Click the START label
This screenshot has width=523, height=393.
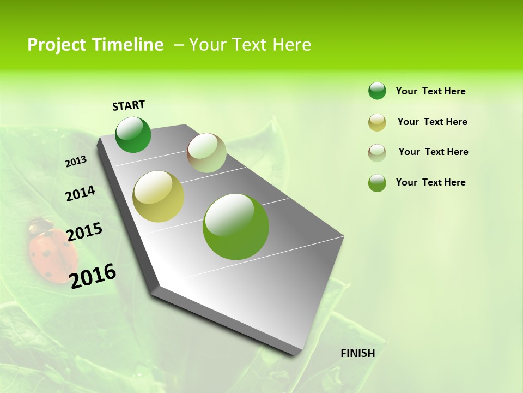click(x=129, y=105)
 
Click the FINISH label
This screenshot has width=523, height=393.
click(x=358, y=353)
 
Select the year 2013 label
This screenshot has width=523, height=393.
click(x=76, y=162)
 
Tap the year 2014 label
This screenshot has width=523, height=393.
click(x=80, y=194)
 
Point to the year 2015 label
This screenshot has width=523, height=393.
click(x=84, y=232)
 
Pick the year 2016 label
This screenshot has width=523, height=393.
click(x=93, y=276)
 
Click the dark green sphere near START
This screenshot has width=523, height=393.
click(x=133, y=135)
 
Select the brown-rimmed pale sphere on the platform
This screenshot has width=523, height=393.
click(x=206, y=153)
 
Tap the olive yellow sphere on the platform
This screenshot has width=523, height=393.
click(x=158, y=196)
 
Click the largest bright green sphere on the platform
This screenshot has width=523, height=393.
click(x=236, y=227)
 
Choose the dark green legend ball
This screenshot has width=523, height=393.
click(x=377, y=91)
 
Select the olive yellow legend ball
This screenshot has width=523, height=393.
click(x=377, y=122)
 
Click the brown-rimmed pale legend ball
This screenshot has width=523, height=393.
click(x=377, y=153)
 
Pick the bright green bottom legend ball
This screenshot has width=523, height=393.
click(x=377, y=183)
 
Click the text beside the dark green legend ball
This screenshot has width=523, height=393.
click(x=430, y=91)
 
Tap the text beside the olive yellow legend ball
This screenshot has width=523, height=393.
click(x=432, y=122)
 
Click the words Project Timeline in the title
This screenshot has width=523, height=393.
click(x=95, y=45)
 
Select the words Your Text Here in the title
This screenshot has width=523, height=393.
click(x=250, y=45)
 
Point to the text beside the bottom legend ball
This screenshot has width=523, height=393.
click(x=430, y=182)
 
